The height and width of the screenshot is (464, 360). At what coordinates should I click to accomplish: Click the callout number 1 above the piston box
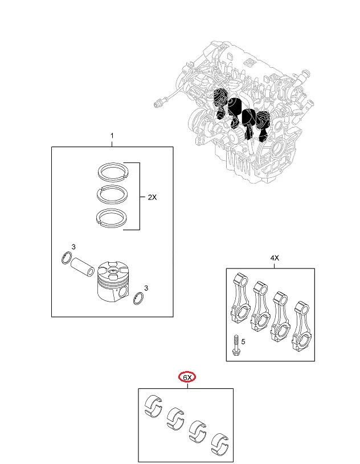click(112, 136)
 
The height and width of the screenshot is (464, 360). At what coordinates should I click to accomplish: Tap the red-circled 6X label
click(187, 377)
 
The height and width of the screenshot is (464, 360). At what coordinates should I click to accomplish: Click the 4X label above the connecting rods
click(275, 258)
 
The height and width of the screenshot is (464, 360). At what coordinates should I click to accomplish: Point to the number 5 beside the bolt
click(243, 341)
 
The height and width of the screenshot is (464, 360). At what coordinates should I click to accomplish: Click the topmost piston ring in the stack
click(112, 170)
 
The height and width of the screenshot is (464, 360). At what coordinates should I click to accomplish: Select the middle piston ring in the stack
click(112, 194)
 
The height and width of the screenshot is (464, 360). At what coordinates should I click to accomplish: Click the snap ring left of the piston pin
click(67, 259)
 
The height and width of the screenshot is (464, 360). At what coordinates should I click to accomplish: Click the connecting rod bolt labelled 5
click(235, 346)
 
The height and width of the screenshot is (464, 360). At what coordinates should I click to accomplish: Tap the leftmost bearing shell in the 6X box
click(154, 404)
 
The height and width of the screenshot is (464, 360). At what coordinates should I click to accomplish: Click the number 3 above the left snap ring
click(73, 246)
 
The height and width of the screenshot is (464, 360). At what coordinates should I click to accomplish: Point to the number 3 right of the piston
click(146, 288)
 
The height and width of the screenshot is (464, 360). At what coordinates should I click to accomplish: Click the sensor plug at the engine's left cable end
click(160, 102)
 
